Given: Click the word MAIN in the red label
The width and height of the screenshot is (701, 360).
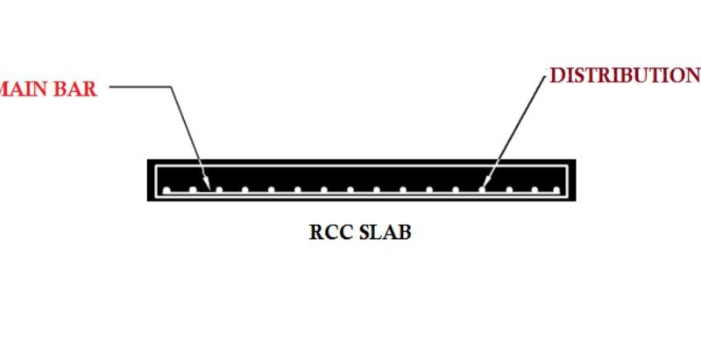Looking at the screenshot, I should click(29, 88).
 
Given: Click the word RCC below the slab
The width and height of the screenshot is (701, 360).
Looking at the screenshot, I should click(329, 233).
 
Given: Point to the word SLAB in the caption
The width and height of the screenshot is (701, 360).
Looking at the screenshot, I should click(384, 233).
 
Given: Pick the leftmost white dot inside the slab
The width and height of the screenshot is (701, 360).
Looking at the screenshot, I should click(166, 190).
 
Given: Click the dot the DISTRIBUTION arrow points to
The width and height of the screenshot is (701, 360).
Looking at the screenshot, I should click(481, 189).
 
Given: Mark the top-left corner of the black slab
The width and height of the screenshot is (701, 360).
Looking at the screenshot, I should click(148, 159).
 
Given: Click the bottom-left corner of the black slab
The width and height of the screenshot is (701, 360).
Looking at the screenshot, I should click(148, 200).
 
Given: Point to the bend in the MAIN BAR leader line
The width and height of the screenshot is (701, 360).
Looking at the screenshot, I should click(167, 87).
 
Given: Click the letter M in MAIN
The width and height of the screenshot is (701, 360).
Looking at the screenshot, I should click(8, 88).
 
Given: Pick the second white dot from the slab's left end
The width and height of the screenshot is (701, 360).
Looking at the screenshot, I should click(193, 189).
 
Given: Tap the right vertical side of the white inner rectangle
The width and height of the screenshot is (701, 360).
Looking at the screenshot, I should click(565, 180).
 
